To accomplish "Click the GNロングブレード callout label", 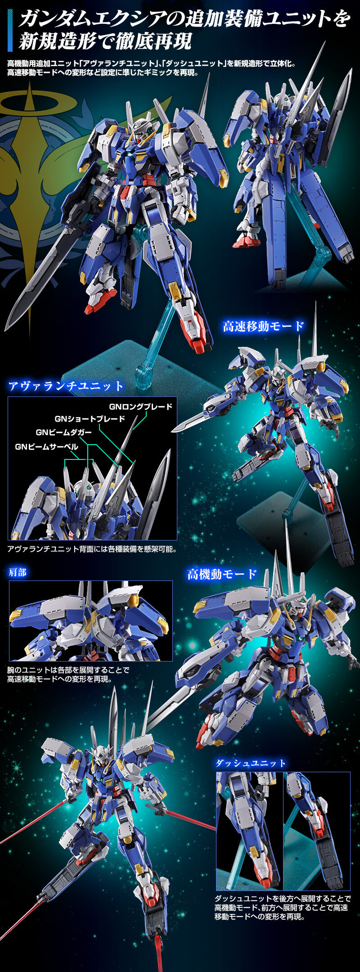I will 140,407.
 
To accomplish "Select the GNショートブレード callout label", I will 90,419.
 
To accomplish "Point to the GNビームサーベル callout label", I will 46,447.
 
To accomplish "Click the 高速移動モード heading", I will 263,326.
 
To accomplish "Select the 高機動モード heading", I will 222,574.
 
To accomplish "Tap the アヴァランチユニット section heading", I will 66,386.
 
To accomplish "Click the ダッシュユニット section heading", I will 250,763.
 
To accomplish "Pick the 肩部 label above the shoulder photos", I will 18,572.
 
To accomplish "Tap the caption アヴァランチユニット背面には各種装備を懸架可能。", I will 92,549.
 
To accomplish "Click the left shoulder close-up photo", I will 49,621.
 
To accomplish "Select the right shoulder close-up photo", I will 132,621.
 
